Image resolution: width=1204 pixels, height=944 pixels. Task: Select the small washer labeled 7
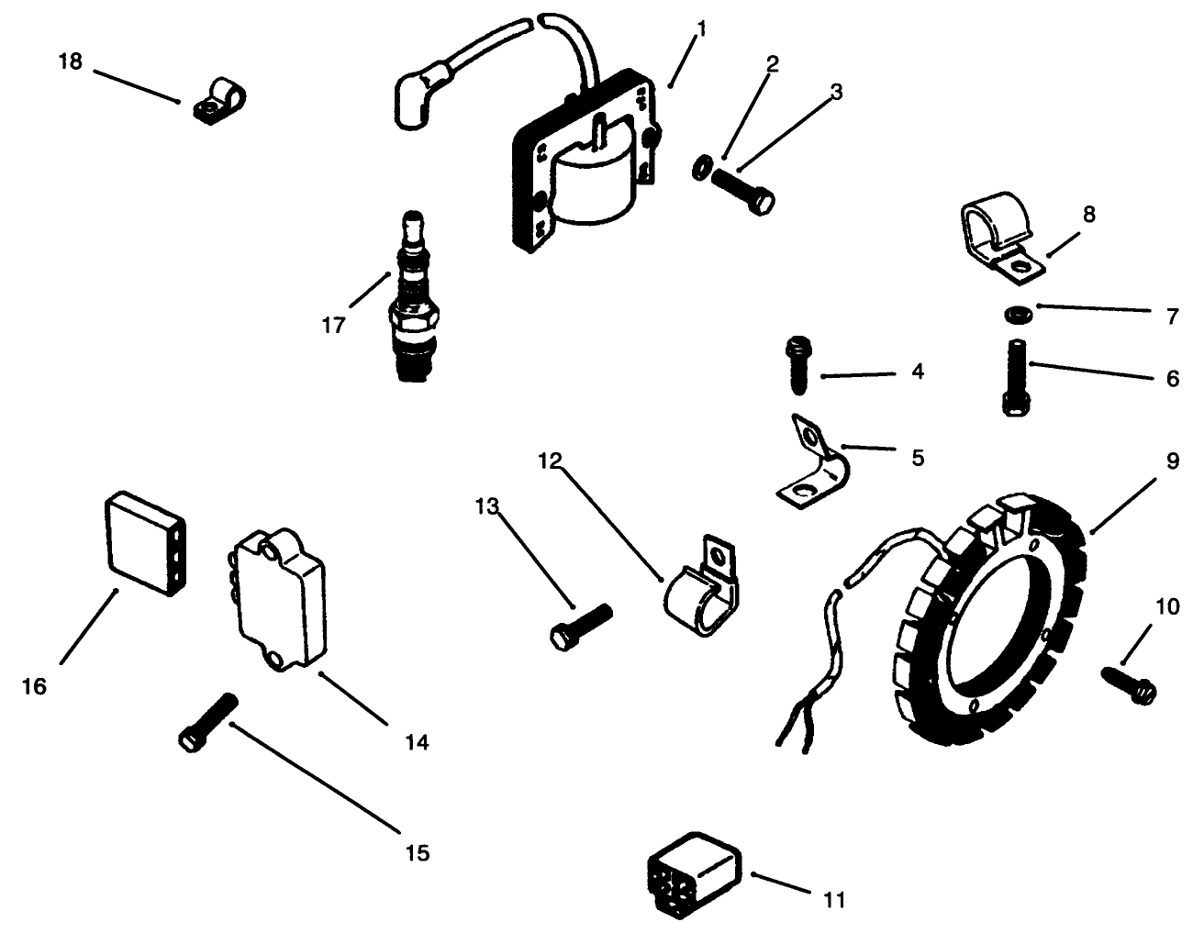(1016, 315)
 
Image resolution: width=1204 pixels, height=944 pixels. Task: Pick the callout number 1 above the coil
(702, 29)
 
